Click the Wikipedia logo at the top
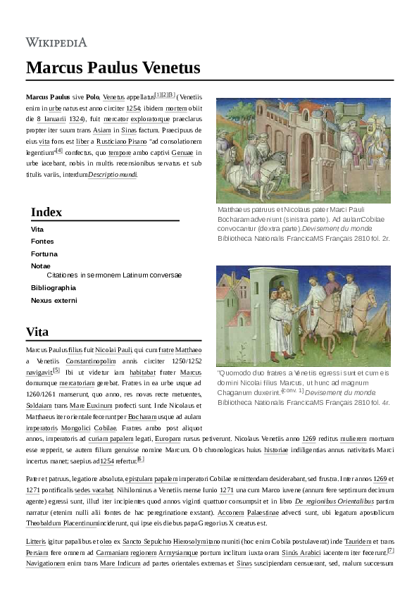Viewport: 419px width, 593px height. click(56, 42)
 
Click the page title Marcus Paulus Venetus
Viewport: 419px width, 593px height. click(113, 68)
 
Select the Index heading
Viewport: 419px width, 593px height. click(46, 212)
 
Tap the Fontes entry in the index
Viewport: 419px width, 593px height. click(42, 241)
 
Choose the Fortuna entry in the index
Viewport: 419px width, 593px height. click(44, 253)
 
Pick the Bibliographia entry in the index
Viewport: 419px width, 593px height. click(54, 287)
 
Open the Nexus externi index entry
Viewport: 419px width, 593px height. click(54, 300)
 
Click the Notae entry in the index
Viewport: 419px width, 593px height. click(41, 266)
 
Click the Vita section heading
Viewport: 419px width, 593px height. click(37, 332)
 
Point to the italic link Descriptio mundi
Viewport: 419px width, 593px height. click(113, 174)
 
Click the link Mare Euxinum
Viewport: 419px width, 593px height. click(89, 406)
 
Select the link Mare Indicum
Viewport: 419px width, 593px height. click(119, 563)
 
